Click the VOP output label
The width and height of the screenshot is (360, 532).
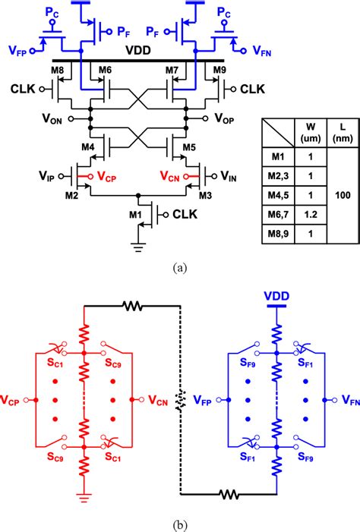tap(225, 118)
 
